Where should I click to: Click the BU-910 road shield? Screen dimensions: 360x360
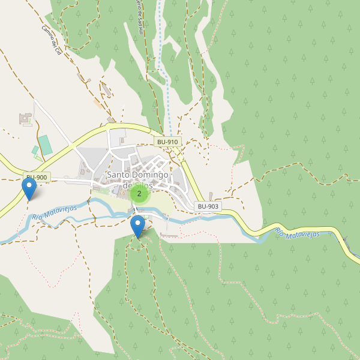(167, 142)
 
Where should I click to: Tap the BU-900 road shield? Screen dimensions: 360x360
(37, 178)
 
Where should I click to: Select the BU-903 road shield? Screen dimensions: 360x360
(208, 206)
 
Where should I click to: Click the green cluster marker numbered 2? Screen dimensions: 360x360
(139, 193)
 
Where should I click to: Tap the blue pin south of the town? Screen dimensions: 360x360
(138, 226)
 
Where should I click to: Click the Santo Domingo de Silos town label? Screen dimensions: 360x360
(138, 180)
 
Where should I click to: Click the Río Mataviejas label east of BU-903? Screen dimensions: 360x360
(303, 239)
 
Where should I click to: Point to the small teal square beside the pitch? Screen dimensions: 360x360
(35, 149)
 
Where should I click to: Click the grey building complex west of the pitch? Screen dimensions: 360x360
(26, 118)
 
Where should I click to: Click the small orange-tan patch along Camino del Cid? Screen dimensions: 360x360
(97, 103)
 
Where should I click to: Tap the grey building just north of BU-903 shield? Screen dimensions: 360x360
(212, 196)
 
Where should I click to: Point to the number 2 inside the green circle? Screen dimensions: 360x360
(139, 193)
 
